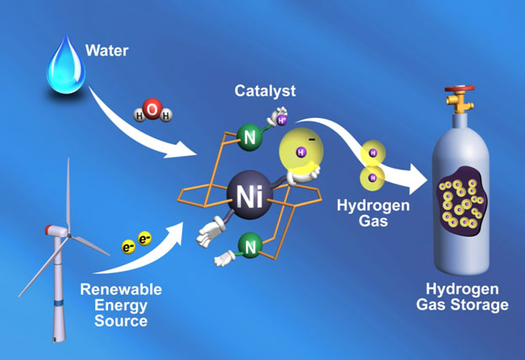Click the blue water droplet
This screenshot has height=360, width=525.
[66, 67]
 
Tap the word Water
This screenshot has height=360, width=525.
[107, 51]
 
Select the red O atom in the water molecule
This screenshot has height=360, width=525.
[153, 109]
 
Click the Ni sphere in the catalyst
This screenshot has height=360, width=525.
[249, 195]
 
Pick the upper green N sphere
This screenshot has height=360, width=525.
[249, 137]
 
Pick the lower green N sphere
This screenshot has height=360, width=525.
[250, 246]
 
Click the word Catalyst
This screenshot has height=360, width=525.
[265, 91]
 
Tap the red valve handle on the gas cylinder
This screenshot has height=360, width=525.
[459, 89]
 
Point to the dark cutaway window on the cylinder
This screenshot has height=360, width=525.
[462, 201]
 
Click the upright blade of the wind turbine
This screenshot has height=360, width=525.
[68, 193]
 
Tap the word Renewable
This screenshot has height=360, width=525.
[121, 289]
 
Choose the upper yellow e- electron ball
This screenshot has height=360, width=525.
[145, 239]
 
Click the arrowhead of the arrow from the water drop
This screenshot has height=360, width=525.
[181, 150]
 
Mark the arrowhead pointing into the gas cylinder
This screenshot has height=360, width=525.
[419, 180]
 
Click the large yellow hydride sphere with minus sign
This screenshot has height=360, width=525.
[301, 151]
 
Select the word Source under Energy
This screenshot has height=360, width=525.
[121, 321]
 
